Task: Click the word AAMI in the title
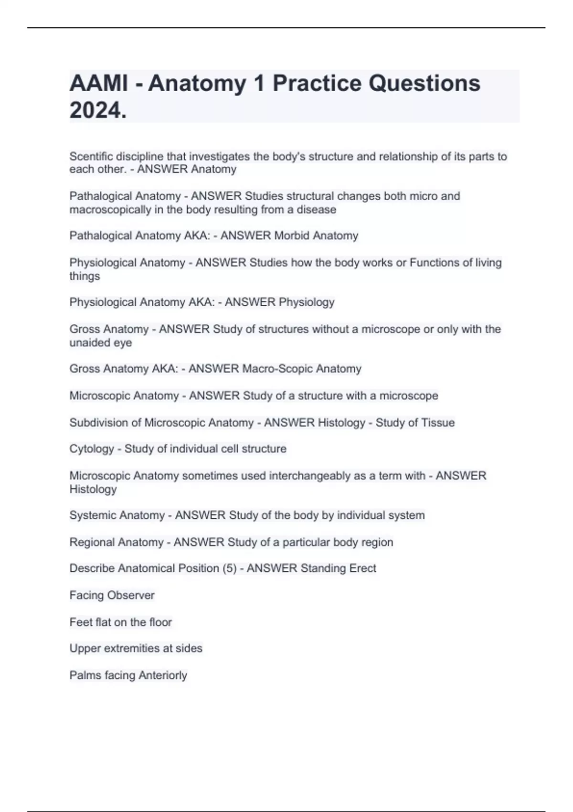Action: (98, 84)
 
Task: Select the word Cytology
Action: (92, 449)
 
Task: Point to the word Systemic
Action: (92, 515)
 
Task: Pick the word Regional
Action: (92, 542)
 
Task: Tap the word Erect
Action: (362, 568)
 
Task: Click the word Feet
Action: (80, 622)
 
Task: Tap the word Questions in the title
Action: (424, 84)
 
